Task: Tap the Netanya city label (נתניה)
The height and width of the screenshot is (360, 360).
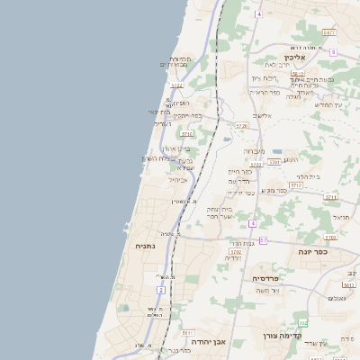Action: pyautogui.click(x=146, y=246)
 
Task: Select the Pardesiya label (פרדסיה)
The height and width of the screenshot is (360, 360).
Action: pyautogui.click(x=267, y=278)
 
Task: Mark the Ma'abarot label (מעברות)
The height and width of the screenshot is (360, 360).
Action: pyautogui.click(x=255, y=150)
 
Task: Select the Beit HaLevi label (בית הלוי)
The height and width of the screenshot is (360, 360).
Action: pyautogui.click(x=310, y=176)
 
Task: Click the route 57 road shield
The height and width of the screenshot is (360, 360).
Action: pyautogui.click(x=264, y=240)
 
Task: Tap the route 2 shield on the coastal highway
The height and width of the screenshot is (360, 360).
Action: pyautogui.click(x=161, y=290)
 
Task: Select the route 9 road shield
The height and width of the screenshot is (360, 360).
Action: pyautogui.click(x=332, y=52)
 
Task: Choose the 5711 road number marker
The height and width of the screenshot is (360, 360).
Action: pyautogui.click(x=330, y=196)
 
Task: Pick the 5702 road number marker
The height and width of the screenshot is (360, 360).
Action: pyautogui.click(x=236, y=252)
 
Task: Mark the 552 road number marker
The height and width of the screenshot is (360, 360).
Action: pyautogui.click(x=303, y=322)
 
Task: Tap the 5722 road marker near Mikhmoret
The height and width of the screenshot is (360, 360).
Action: pyautogui.click(x=176, y=86)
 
